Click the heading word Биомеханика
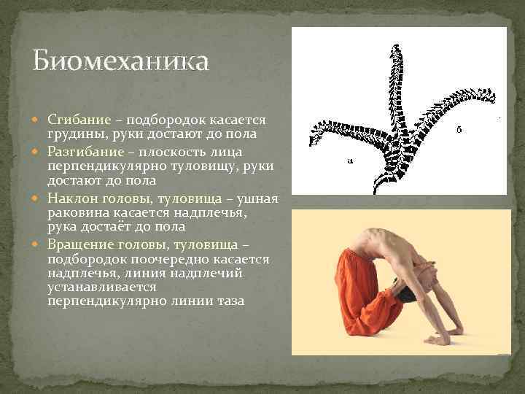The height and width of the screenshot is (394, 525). pos(120,61)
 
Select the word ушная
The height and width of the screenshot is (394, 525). pos(254,198)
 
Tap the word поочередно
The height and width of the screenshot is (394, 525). pos(152,259)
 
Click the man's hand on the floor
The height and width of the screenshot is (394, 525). pos(438,339)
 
